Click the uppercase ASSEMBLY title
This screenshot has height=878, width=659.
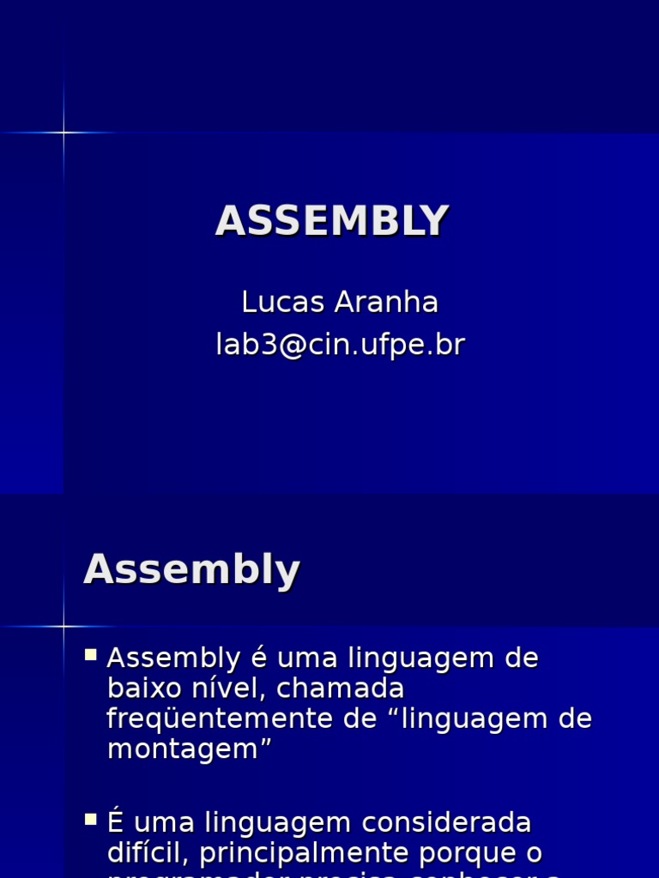point(331,221)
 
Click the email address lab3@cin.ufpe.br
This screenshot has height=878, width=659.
point(340,345)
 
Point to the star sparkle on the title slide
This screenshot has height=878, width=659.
point(63,132)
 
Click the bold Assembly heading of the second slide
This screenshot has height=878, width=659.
point(191,569)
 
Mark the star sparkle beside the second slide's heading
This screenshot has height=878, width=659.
point(63,626)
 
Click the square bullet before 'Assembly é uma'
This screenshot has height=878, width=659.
point(91,656)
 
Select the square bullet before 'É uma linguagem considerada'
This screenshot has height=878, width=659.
point(91,821)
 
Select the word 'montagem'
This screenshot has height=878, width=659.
point(185,749)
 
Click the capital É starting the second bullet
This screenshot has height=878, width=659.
point(117,823)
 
